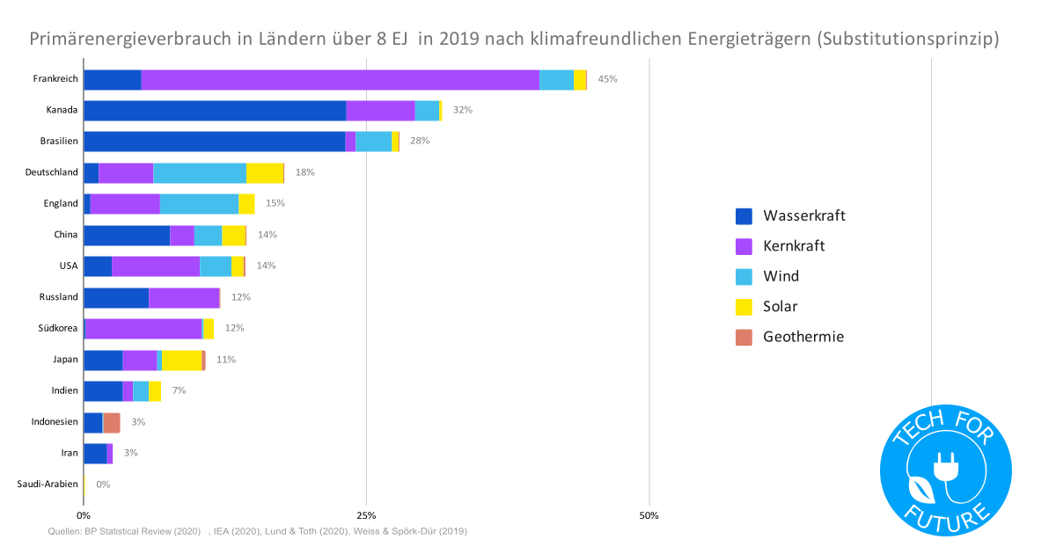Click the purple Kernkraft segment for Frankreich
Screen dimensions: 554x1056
340,79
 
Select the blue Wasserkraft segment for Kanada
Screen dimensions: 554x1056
214,111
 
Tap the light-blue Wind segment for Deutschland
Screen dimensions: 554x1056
200,172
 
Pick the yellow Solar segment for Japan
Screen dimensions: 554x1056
181,360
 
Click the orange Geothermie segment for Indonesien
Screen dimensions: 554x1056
112,422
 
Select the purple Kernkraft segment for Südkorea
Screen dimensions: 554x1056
143,328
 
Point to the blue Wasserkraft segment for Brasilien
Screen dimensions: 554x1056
214,142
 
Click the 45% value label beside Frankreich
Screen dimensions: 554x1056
607,79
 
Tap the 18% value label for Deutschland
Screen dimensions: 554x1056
305,172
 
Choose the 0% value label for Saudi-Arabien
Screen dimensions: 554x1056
103,485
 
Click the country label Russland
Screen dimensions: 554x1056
59,297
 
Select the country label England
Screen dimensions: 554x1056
61,203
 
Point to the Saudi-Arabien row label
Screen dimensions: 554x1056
48,485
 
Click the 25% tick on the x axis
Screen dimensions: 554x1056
366,515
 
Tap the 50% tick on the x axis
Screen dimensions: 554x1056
649,515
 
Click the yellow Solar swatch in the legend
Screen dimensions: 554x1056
744,307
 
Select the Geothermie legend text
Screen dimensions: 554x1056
803,337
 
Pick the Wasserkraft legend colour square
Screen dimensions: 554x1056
744,216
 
